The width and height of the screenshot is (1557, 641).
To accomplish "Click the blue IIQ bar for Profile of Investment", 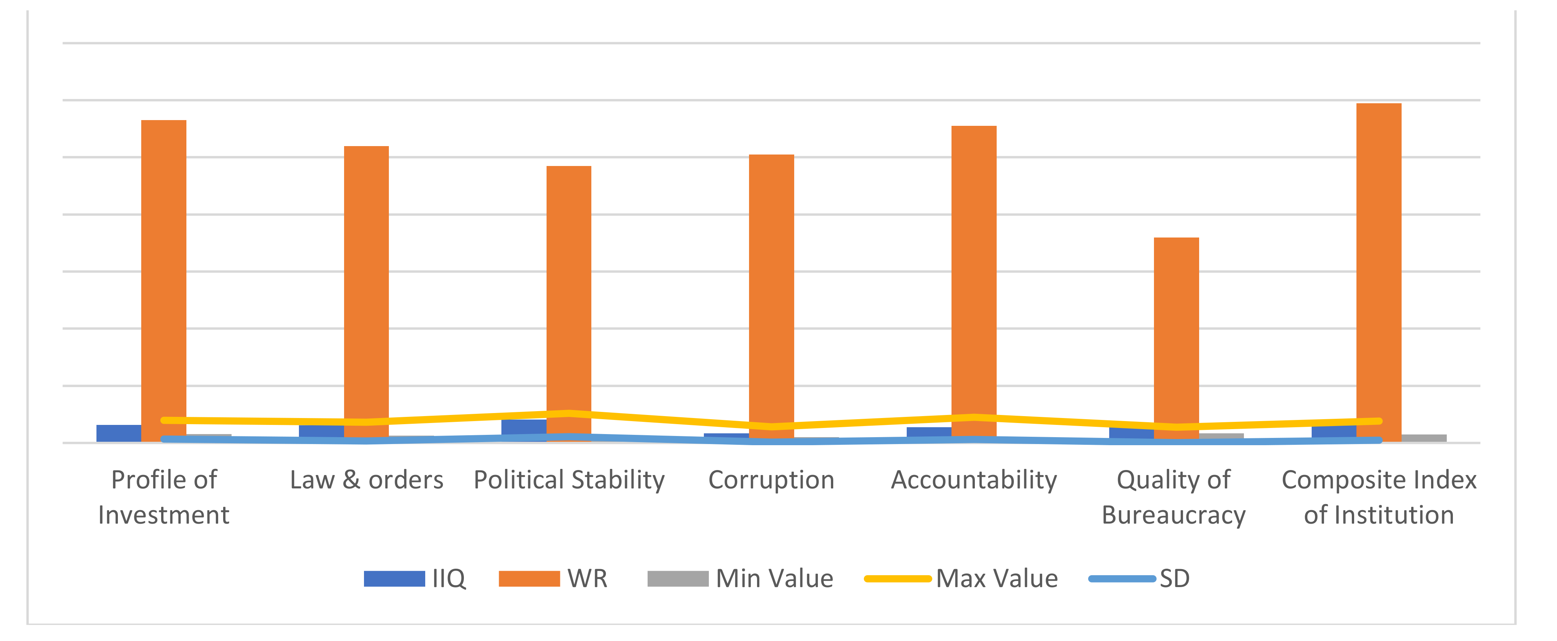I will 119,433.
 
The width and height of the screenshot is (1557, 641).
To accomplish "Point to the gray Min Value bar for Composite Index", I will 1424,438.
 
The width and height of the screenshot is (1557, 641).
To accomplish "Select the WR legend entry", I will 553,579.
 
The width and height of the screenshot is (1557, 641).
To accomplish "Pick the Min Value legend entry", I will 741,579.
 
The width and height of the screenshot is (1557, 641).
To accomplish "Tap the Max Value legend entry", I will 961,579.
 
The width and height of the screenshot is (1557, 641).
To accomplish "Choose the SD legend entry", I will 1139,579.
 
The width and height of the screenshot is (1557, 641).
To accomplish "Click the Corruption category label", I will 771,480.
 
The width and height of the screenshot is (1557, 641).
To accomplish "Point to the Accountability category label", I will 974,480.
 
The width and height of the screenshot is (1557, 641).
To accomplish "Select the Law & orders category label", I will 366,480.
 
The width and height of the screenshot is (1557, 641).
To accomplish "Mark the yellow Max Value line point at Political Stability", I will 569,413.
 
